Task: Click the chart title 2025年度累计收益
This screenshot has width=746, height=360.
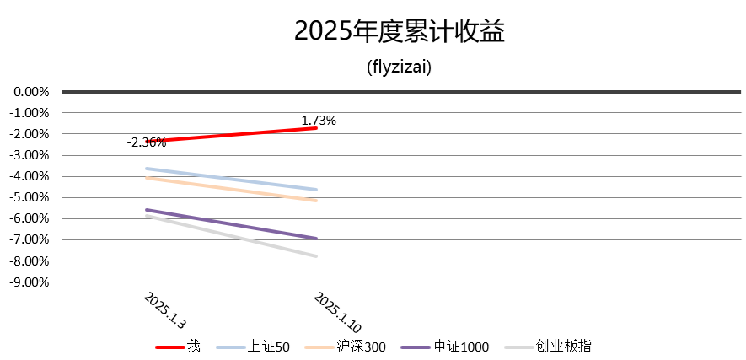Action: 399,31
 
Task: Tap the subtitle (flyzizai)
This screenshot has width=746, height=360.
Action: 399,67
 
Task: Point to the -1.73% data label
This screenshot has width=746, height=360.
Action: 316,121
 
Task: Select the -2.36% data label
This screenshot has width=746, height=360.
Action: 147,142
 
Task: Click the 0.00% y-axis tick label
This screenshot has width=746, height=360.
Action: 33,91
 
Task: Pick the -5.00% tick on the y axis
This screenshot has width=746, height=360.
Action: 33,197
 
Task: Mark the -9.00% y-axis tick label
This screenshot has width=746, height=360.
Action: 33,282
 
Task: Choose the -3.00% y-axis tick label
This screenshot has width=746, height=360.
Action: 33,155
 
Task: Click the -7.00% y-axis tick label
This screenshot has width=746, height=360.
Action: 33,239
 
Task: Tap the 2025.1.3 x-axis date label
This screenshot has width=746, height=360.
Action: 165,310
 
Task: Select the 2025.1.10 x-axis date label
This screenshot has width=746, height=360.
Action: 337,313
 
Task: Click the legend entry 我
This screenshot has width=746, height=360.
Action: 193,347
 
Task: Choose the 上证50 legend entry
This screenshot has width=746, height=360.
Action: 269,347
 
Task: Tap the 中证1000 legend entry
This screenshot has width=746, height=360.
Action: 460,347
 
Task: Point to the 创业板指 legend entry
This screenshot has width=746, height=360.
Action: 565,347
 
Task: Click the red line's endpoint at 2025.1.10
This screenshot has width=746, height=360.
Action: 317,128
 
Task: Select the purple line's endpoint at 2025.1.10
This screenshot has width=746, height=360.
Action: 317,239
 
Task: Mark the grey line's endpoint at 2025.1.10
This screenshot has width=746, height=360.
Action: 317,256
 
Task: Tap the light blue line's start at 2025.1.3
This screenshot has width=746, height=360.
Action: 147,169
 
